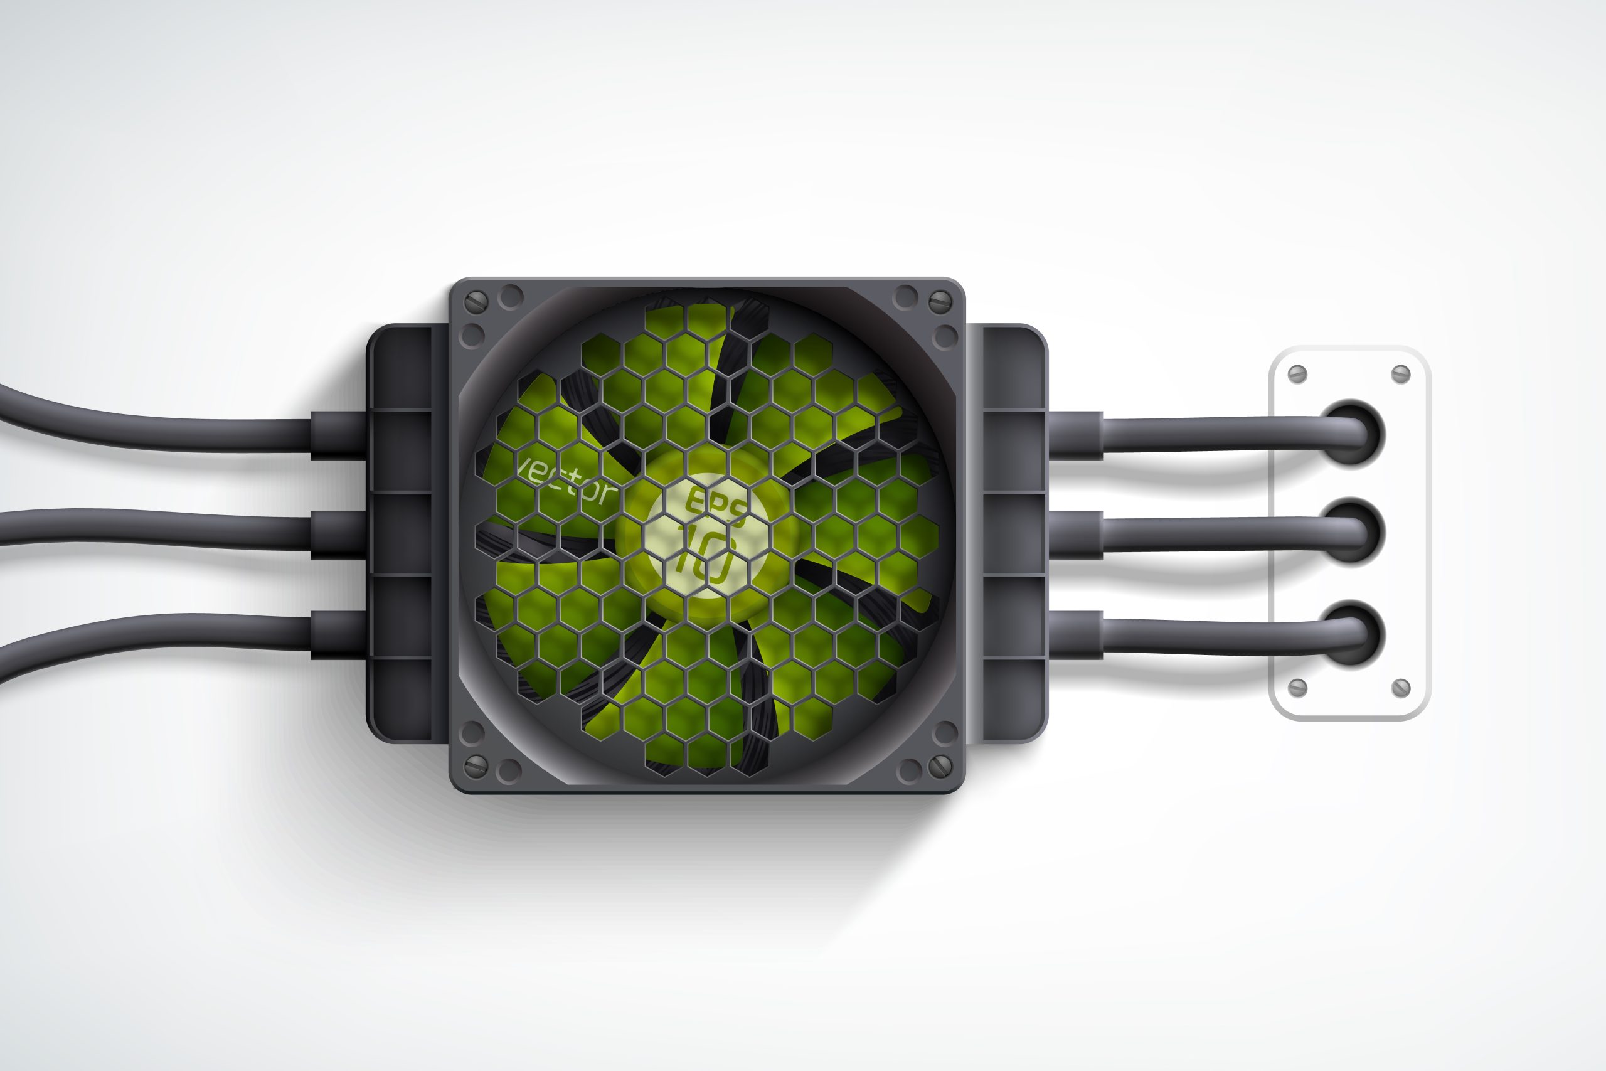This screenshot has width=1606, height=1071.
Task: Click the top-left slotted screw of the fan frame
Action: click(476, 301)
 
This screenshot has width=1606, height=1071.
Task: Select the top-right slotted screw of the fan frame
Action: click(941, 300)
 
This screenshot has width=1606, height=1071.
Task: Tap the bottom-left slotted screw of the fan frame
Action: click(476, 766)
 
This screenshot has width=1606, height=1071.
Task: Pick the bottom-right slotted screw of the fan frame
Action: click(941, 766)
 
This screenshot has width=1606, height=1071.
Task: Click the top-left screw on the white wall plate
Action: click(1297, 375)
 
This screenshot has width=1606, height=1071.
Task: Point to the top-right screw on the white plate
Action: click(1400, 375)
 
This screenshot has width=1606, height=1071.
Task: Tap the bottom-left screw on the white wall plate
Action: click(1297, 688)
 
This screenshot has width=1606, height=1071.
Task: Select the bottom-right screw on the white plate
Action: click(1400, 688)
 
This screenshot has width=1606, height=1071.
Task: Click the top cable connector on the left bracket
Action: click(338, 435)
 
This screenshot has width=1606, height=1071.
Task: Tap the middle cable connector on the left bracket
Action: click(338, 535)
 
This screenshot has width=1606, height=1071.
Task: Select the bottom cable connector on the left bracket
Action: click(338, 635)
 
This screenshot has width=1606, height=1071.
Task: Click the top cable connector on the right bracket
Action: click(1075, 435)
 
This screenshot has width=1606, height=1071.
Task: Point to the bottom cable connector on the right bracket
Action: click(1075, 635)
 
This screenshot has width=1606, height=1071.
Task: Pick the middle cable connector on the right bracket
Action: click(1075, 535)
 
